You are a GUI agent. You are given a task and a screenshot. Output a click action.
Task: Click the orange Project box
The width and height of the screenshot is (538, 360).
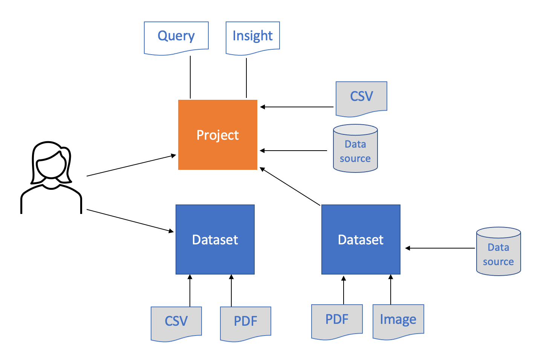tap(218, 135)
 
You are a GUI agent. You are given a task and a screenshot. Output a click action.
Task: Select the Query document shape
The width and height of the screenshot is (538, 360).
tap(176, 38)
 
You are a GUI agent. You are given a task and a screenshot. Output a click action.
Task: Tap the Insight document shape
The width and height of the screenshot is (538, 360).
tap(253, 38)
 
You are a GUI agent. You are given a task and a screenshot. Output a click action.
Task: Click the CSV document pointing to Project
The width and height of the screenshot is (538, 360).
tap(361, 99)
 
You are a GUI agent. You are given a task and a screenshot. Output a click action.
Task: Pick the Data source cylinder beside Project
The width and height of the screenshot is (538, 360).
tap(355, 148)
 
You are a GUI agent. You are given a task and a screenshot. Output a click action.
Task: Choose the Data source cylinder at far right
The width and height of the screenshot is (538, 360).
tap(498, 251)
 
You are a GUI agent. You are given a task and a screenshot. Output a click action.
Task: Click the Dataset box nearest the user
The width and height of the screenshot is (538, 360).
tap(215, 239)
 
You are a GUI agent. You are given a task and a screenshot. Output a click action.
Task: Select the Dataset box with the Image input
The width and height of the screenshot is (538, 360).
tap(361, 239)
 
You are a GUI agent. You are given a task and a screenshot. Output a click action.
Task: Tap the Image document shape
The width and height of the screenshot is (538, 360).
tap(398, 322)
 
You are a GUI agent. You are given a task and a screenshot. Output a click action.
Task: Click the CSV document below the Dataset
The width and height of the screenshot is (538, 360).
tap(176, 324)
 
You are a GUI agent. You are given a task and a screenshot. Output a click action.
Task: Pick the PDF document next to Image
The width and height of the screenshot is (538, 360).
tap(337, 322)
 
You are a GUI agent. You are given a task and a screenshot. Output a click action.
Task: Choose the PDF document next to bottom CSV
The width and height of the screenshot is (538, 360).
tap(246, 324)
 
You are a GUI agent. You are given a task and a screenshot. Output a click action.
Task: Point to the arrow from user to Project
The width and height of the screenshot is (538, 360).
tap(131, 166)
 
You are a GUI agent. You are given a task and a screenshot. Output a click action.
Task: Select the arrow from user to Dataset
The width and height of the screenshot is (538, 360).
tap(130, 221)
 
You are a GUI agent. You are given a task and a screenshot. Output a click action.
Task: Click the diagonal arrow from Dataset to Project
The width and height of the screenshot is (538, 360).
tap(290, 186)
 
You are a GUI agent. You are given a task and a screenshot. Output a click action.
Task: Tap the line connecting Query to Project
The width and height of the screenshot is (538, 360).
tap(190, 77)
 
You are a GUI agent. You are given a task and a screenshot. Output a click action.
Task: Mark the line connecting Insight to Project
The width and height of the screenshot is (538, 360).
tap(246, 78)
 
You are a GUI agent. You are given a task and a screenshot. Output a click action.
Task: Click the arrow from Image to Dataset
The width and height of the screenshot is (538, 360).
tap(391, 290)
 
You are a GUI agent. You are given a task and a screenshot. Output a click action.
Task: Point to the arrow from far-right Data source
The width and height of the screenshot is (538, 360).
tap(440, 248)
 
